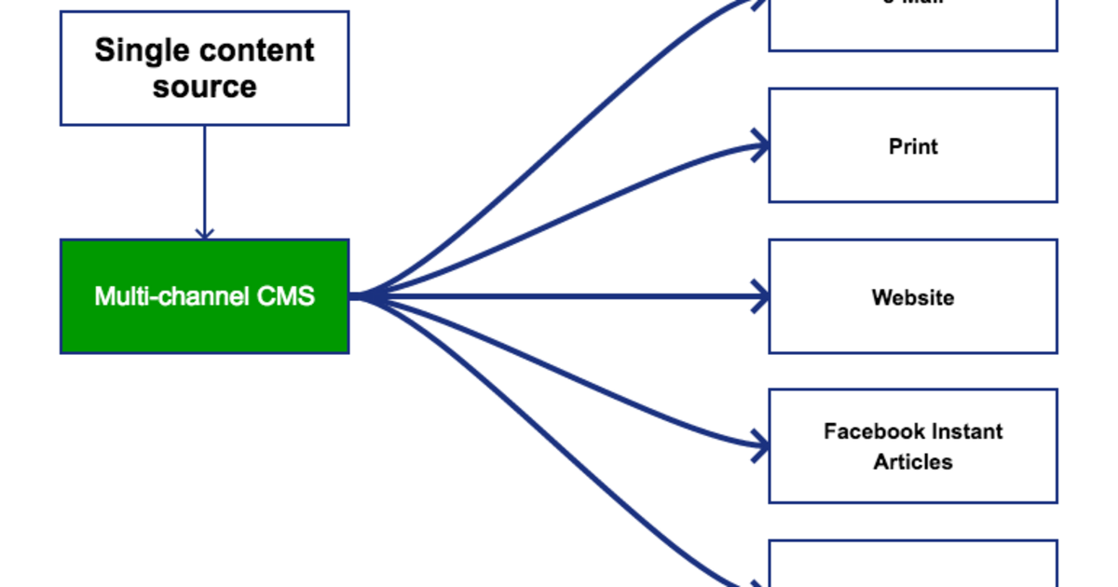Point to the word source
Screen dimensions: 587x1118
(204, 87)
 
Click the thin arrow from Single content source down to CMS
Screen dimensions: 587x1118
(204, 177)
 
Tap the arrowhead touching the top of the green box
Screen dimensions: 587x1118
(204, 232)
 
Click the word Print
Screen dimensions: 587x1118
(912, 146)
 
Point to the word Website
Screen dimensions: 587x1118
(912, 298)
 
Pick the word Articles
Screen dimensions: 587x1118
(912, 462)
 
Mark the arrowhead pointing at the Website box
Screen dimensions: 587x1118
(762, 297)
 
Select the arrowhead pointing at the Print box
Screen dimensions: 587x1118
(762, 145)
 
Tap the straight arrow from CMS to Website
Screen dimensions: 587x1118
(559, 297)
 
